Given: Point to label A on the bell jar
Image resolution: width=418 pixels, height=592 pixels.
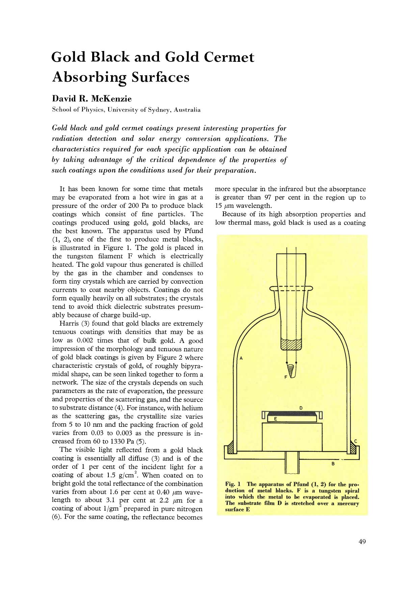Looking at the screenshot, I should click(x=241, y=358).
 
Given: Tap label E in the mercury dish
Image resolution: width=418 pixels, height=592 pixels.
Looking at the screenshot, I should click(x=275, y=419).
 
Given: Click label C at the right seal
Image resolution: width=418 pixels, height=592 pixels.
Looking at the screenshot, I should click(x=356, y=441).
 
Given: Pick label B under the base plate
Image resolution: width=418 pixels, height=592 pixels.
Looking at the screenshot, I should click(x=333, y=464).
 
